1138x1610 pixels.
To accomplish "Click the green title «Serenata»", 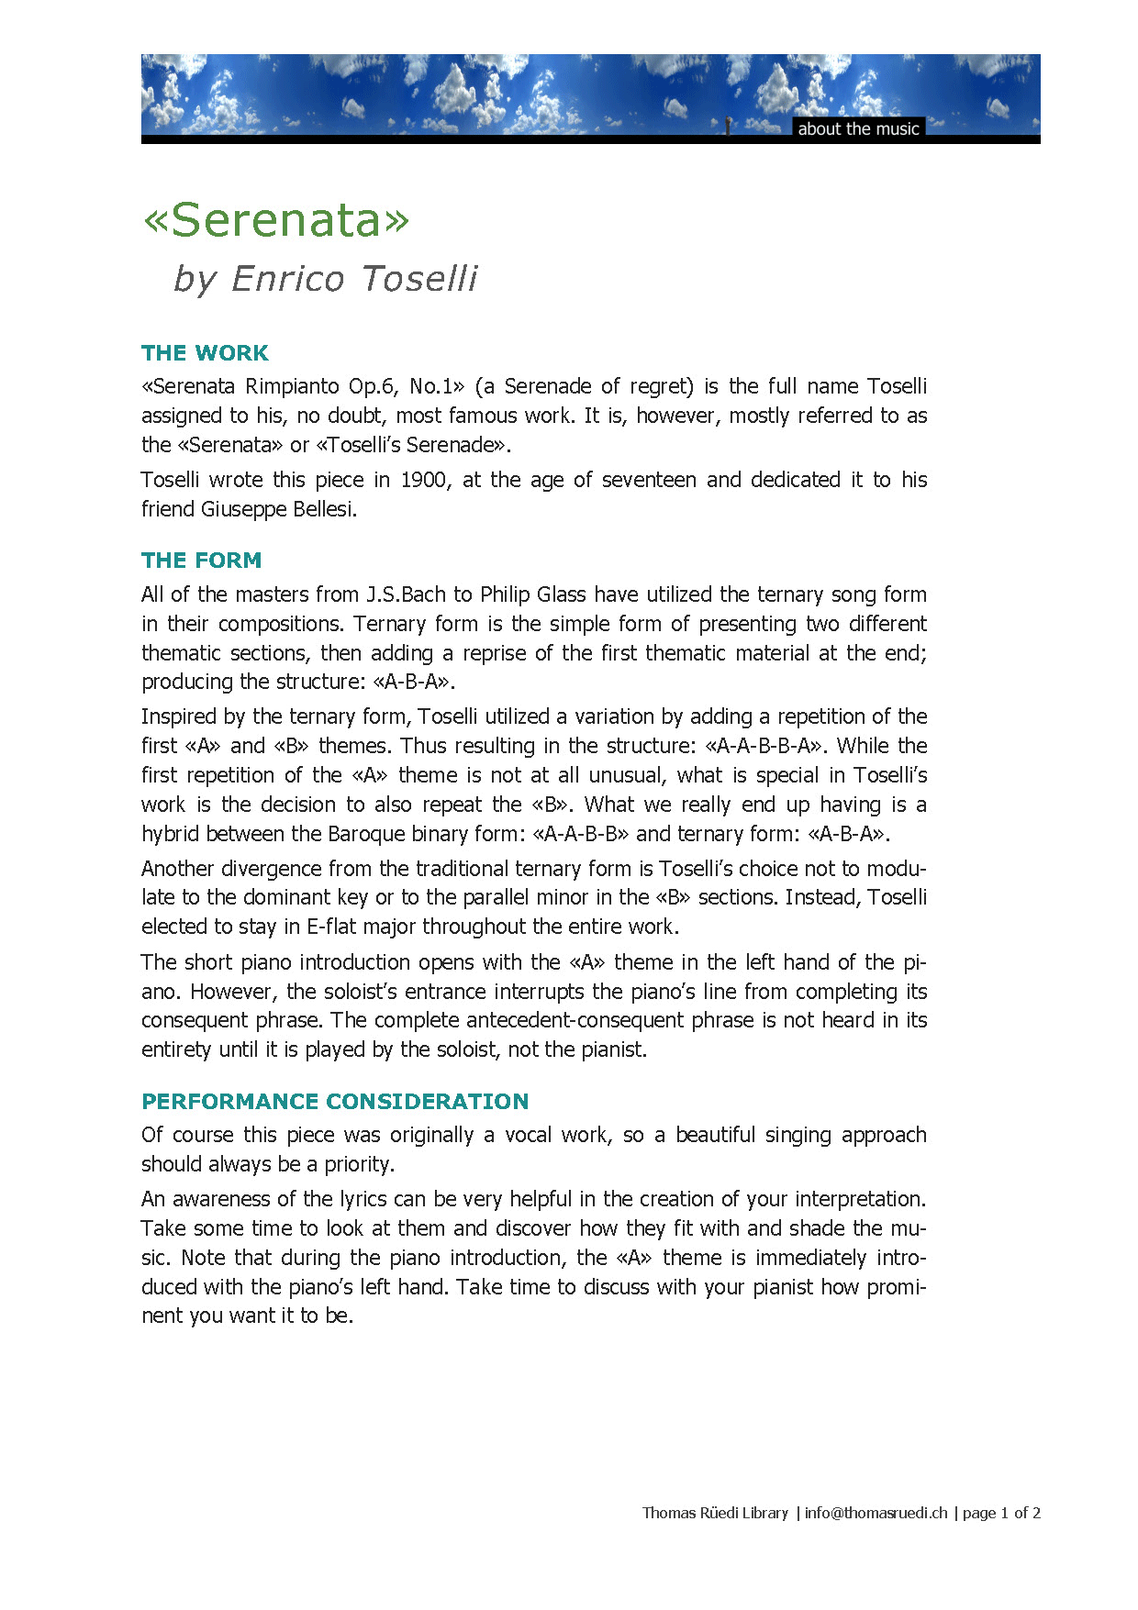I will tap(275, 220).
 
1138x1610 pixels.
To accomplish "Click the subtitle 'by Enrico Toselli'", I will tap(326, 279).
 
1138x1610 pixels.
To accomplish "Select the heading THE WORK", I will tap(205, 353).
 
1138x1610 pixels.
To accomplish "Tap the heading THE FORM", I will tap(201, 561).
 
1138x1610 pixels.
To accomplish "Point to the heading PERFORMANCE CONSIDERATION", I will tap(335, 1102).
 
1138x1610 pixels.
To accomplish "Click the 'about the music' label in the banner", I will tap(858, 128).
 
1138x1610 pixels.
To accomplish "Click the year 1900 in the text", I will tap(424, 480).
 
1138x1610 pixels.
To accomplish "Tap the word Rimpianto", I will tap(292, 386).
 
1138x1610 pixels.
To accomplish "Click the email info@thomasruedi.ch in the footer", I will tap(876, 1513).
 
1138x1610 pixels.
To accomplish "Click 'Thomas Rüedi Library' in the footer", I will tap(715, 1513).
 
